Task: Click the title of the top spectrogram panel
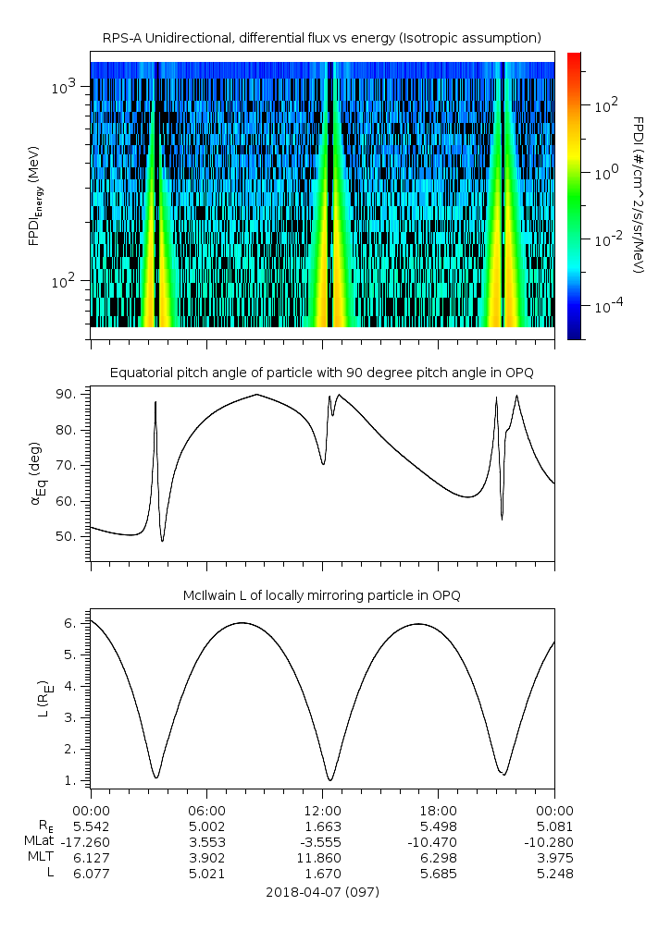coord(322,37)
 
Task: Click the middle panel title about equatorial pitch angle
coord(322,373)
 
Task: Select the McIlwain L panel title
coord(322,595)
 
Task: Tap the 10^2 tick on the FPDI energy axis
coord(68,281)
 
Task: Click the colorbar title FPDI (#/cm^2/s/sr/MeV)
coord(638,195)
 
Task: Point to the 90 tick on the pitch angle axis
coord(73,395)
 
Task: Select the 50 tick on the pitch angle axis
coord(73,536)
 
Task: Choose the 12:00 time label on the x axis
coord(322,808)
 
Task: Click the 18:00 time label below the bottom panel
coord(438,808)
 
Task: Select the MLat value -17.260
coord(91,841)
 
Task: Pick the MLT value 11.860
coord(322,857)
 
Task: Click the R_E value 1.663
coord(322,826)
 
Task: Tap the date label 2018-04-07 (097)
coord(322,892)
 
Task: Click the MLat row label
coord(41,841)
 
